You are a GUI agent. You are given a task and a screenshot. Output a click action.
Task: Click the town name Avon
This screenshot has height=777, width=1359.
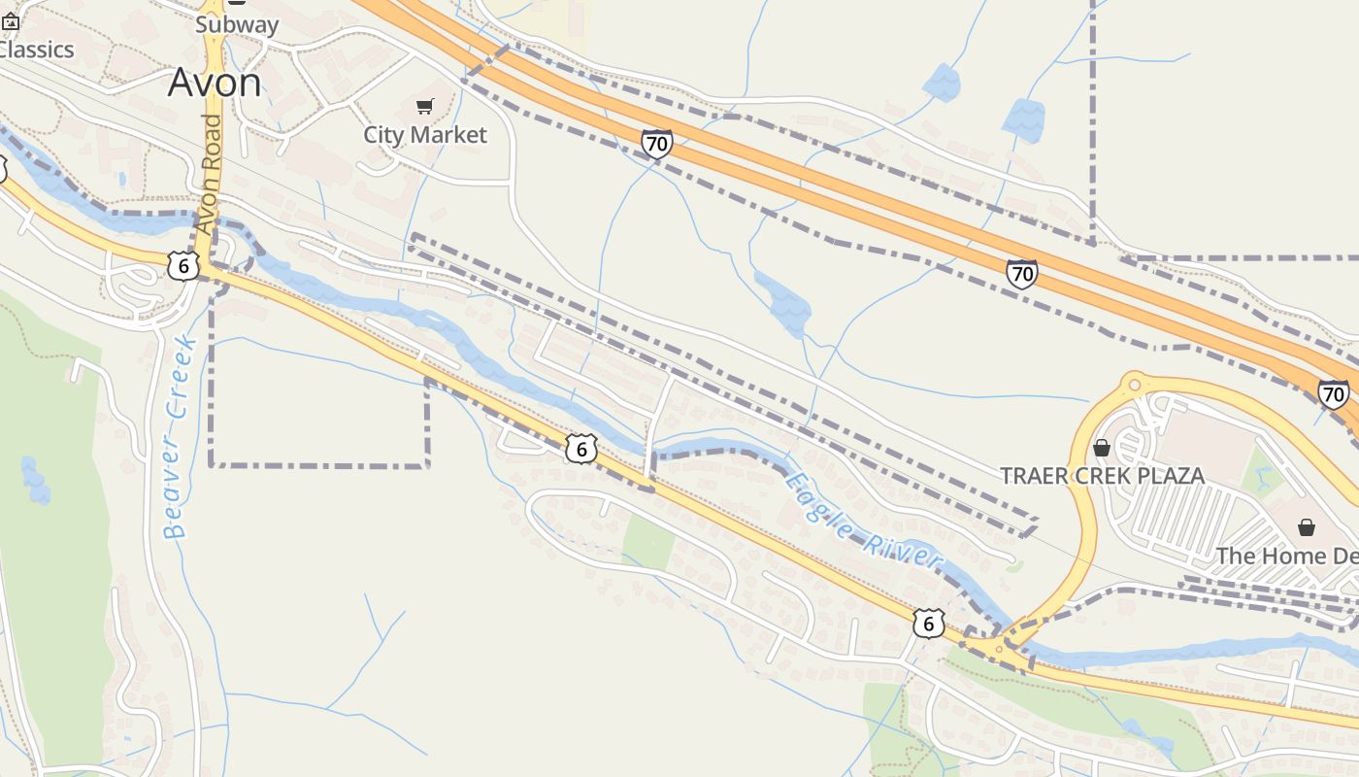coord(215,84)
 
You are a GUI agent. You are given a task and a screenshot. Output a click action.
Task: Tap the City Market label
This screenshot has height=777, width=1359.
coord(425,135)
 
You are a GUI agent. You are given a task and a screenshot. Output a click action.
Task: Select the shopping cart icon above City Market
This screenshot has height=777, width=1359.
coord(424,106)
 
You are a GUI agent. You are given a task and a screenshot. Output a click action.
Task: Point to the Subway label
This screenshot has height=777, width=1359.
coord(237,25)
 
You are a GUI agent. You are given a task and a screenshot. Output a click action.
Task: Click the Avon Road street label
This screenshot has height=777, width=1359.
coord(209,175)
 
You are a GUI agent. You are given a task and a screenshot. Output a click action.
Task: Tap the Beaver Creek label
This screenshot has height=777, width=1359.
coord(179,437)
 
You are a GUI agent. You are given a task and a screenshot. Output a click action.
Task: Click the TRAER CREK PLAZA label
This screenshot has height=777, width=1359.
coord(1102,476)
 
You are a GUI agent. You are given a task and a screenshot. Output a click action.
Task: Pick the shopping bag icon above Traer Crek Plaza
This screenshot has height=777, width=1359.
coord(1101,448)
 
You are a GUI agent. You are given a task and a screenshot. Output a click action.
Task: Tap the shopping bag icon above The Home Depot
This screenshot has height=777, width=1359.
coord(1307,527)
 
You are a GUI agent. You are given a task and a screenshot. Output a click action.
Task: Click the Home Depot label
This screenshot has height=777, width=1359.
coord(1287,557)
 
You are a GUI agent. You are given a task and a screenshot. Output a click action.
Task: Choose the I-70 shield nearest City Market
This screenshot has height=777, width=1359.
coord(657,145)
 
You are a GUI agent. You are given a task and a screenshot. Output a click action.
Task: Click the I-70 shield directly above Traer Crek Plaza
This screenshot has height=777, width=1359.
coord(1022,275)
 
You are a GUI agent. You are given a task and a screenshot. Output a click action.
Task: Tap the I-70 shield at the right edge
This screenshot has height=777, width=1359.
coord(1333,394)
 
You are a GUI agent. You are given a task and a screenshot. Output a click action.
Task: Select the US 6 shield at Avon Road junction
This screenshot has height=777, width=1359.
coord(183,265)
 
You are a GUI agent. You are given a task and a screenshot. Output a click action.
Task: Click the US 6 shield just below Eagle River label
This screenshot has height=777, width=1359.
coord(928,624)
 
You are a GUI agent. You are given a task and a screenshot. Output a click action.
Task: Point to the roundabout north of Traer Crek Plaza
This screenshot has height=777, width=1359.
coord(1133,383)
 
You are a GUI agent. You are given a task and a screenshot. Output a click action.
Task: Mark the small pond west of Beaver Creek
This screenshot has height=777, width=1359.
coord(35,481)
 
